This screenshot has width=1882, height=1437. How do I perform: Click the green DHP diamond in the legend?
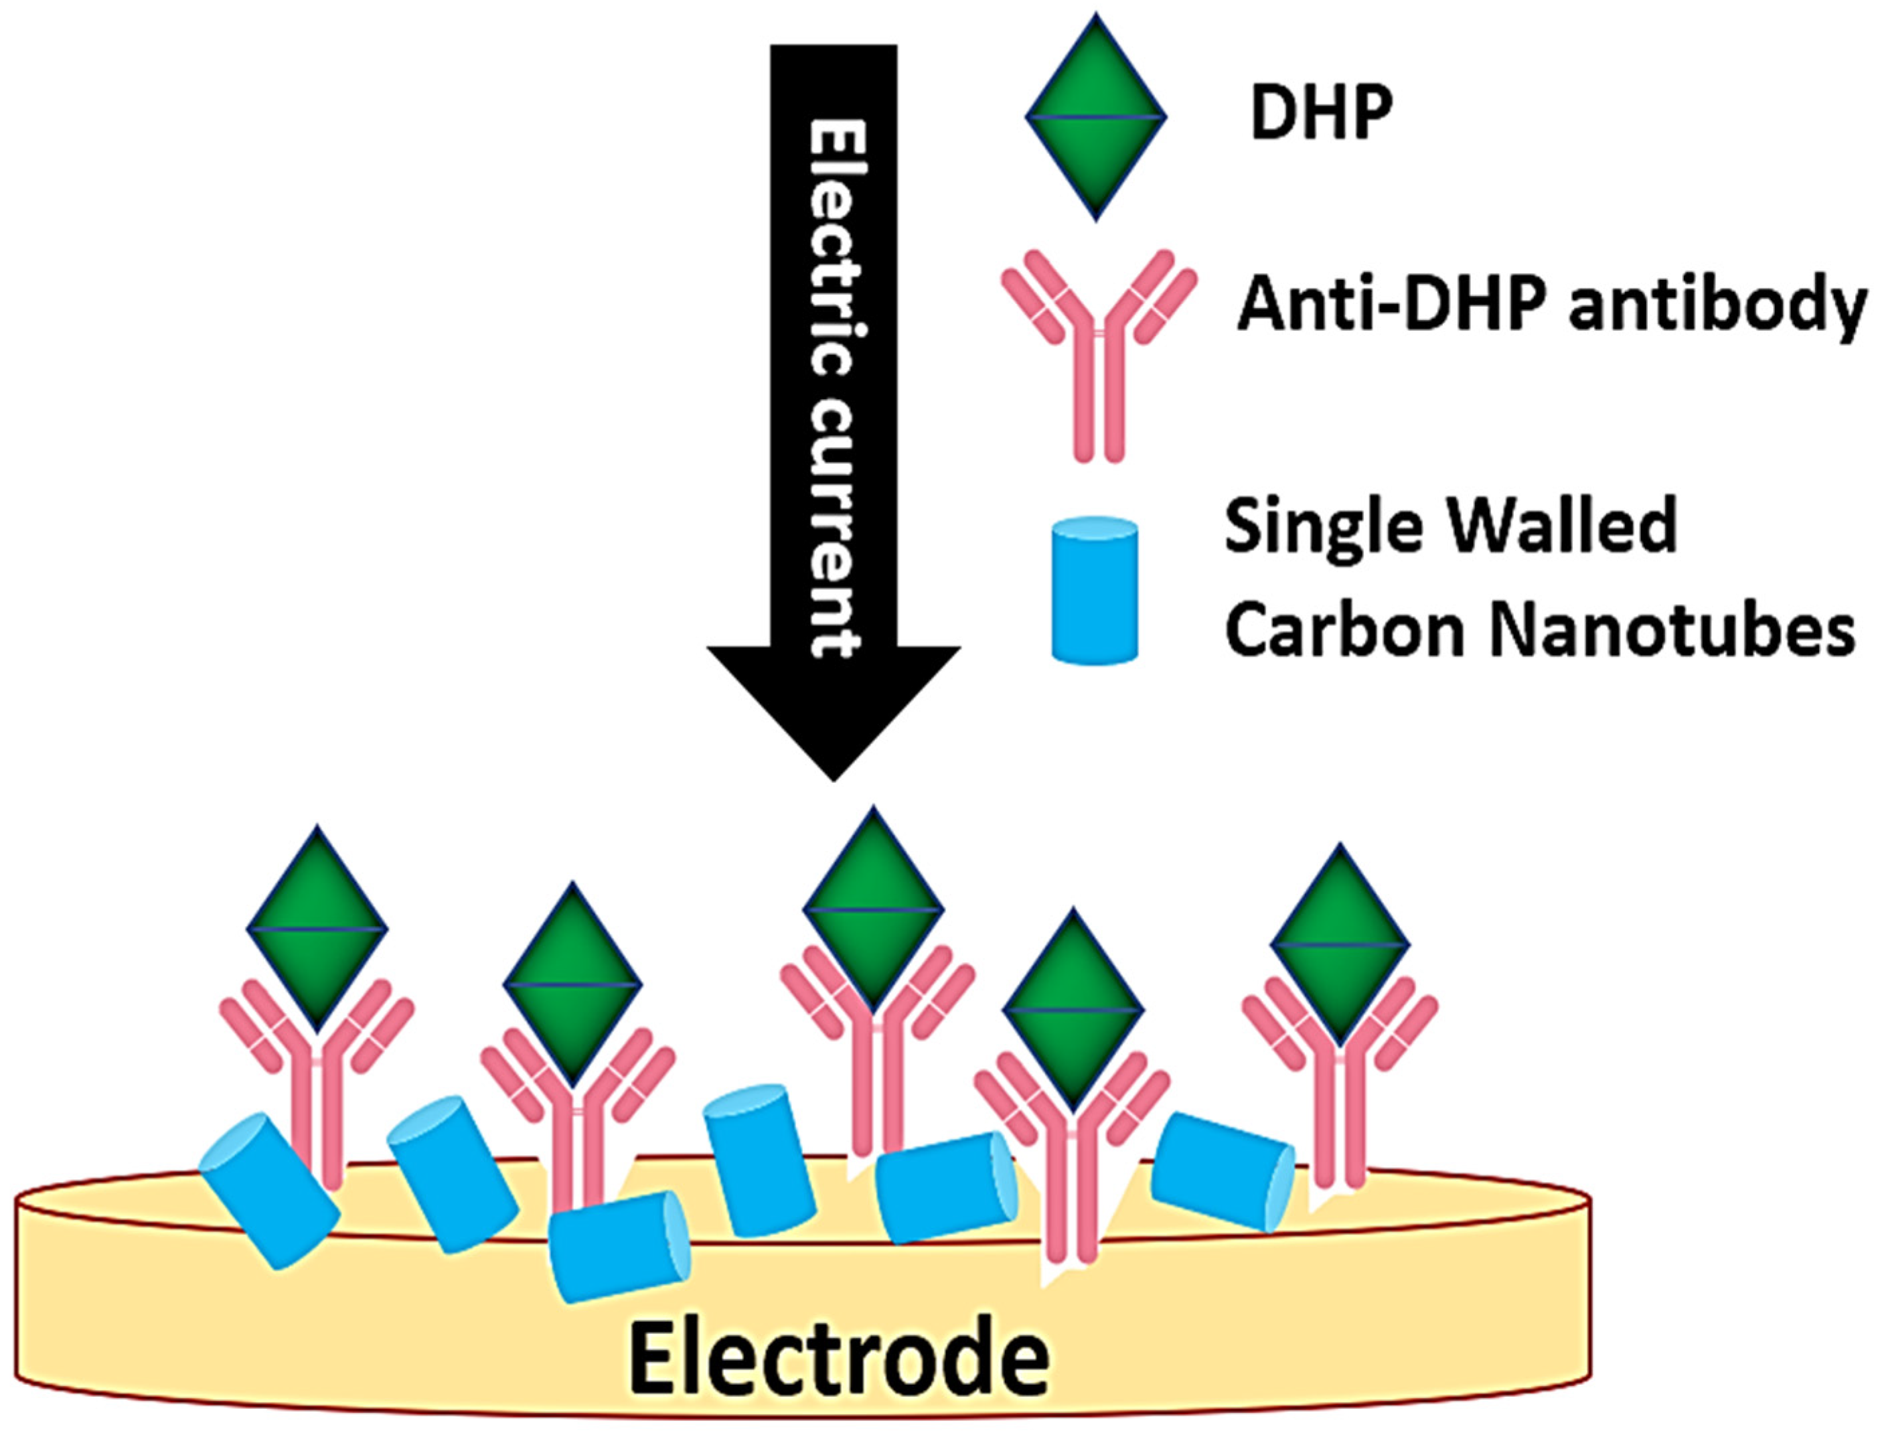click(x=1095, y=117)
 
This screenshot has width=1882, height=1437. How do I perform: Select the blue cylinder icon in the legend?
click(x=1095, y=589)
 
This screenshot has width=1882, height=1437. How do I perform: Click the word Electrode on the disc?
click(x=838, y=1357)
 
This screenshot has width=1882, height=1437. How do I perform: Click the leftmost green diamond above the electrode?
click(x=317, y=928)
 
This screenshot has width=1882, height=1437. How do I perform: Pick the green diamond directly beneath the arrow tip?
click(x=873, y=910)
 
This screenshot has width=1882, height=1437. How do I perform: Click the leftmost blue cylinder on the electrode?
click(x=268, y=1190)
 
